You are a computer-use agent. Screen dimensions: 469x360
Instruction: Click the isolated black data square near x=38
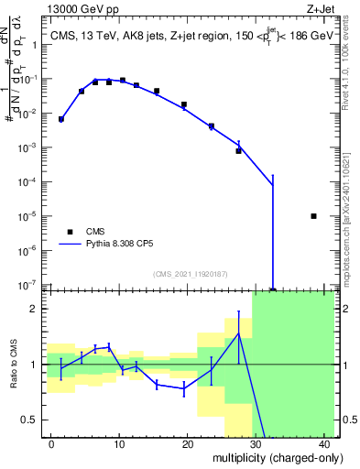coord(314,216)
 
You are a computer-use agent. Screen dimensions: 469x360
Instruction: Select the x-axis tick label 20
coord(188,444)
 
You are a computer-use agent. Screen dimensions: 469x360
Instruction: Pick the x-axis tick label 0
coord(52,444)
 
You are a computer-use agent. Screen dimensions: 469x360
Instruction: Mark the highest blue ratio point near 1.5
coord(238,333)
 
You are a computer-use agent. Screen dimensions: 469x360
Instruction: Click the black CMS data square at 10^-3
coord(238,150)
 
